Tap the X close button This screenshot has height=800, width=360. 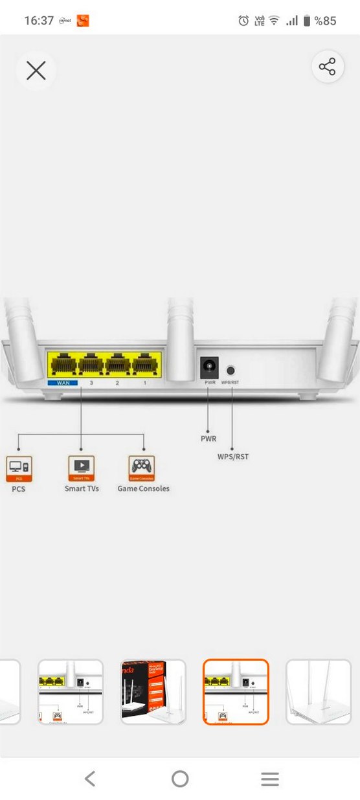(x=36, y=70)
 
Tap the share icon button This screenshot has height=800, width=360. (x=327, y=67)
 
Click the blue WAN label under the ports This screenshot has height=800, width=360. (x=63, y=383)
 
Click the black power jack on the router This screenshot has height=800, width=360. (x=209, y=368)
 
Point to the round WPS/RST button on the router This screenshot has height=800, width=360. (x=231, y=371)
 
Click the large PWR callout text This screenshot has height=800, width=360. (x=208, y=439)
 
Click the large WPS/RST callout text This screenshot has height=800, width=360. (x=232, y=457)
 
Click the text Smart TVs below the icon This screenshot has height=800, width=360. (x=82, y=488)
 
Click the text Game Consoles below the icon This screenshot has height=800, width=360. (x=143, y=488)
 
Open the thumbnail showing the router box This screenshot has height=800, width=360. (x=153, y=691)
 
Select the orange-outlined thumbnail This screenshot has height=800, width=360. (x=236, y=691)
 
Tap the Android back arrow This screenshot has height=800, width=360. (x=90, y=779)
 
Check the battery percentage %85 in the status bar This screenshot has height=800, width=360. (x=325, y=21)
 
